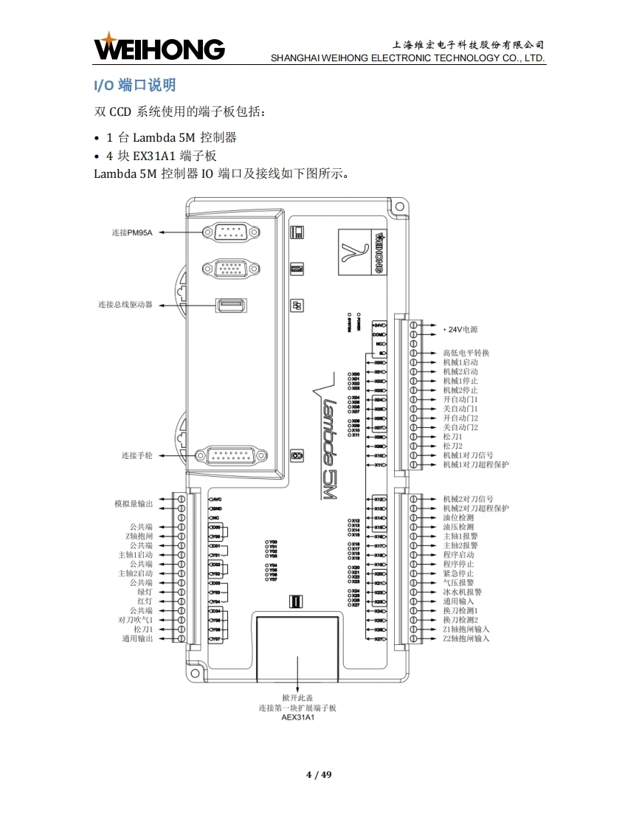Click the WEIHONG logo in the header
[x=159, y=48]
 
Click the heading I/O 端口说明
[x=134, y=86]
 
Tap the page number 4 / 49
[x=319, y=774]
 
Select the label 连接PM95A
[x=132, y=232]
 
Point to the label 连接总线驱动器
[x=125, y=304]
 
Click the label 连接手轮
[x=137, y=456]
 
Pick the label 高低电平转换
[x=466, y=353]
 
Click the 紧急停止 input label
[x=458, y=573]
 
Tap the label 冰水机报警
[x=462, y=592]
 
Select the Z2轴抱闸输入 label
[x=466, y=638]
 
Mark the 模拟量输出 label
[x=133, y=504]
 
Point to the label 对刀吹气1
[x=135, y=620]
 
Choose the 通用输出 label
[x=137, y=638]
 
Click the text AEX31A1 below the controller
[x=297, y=717]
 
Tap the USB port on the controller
[x=231, y=305]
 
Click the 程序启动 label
[x=458, y=555]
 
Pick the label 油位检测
[x=458, y=517]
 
